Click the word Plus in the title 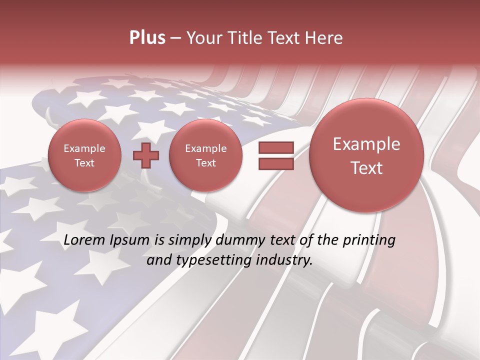point(147,38)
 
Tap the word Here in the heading point(325,38)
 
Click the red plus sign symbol point(146,156)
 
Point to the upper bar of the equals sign point(275,147)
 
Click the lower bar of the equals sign point(275,163)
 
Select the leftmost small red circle point(84,155)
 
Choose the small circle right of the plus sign point(205,155)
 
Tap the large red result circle point(366,155)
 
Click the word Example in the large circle point(366,144)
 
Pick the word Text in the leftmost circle point(84,163)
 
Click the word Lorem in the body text point(82,240)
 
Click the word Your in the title point(202,38)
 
